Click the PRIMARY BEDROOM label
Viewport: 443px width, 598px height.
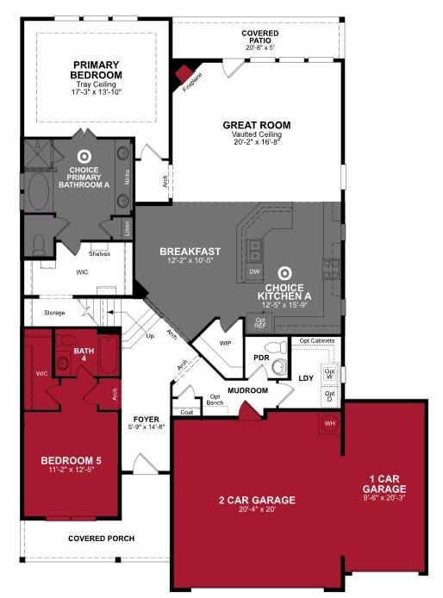[x=97, y=70]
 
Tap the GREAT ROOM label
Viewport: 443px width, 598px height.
[x=256, y=125]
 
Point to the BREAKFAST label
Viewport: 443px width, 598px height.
[x=190, y=252]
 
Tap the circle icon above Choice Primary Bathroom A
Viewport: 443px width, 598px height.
[x=84, y=156]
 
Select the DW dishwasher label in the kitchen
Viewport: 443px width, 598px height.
[x=254, y=271]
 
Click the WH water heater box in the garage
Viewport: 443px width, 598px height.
[x=329, y=423]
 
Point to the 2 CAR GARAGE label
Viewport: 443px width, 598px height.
[x=256, y=500]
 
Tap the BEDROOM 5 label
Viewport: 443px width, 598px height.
[x=71, y=461]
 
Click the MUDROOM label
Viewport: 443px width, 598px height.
[x=248, y=390]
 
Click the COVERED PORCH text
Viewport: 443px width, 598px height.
[x=102, y=539]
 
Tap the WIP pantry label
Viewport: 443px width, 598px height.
[x=226, y=343]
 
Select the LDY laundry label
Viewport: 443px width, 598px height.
[x=305, y=377]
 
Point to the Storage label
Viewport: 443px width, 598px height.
[x=55, y=313]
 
